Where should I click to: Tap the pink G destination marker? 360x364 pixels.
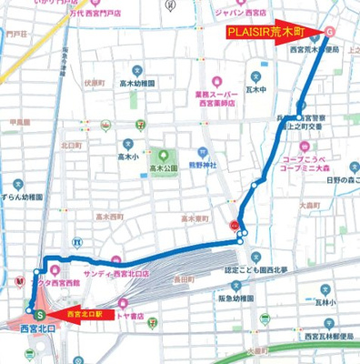point(329,32)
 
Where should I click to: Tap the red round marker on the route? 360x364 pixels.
point(235,223)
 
